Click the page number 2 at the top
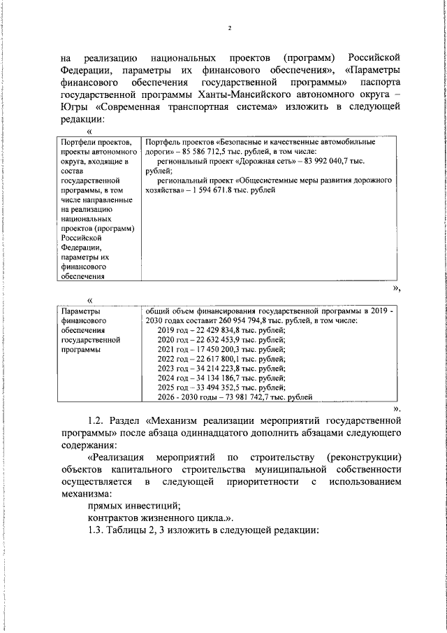228,29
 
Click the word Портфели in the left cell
79,161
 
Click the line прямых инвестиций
134,504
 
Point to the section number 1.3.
96,529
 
